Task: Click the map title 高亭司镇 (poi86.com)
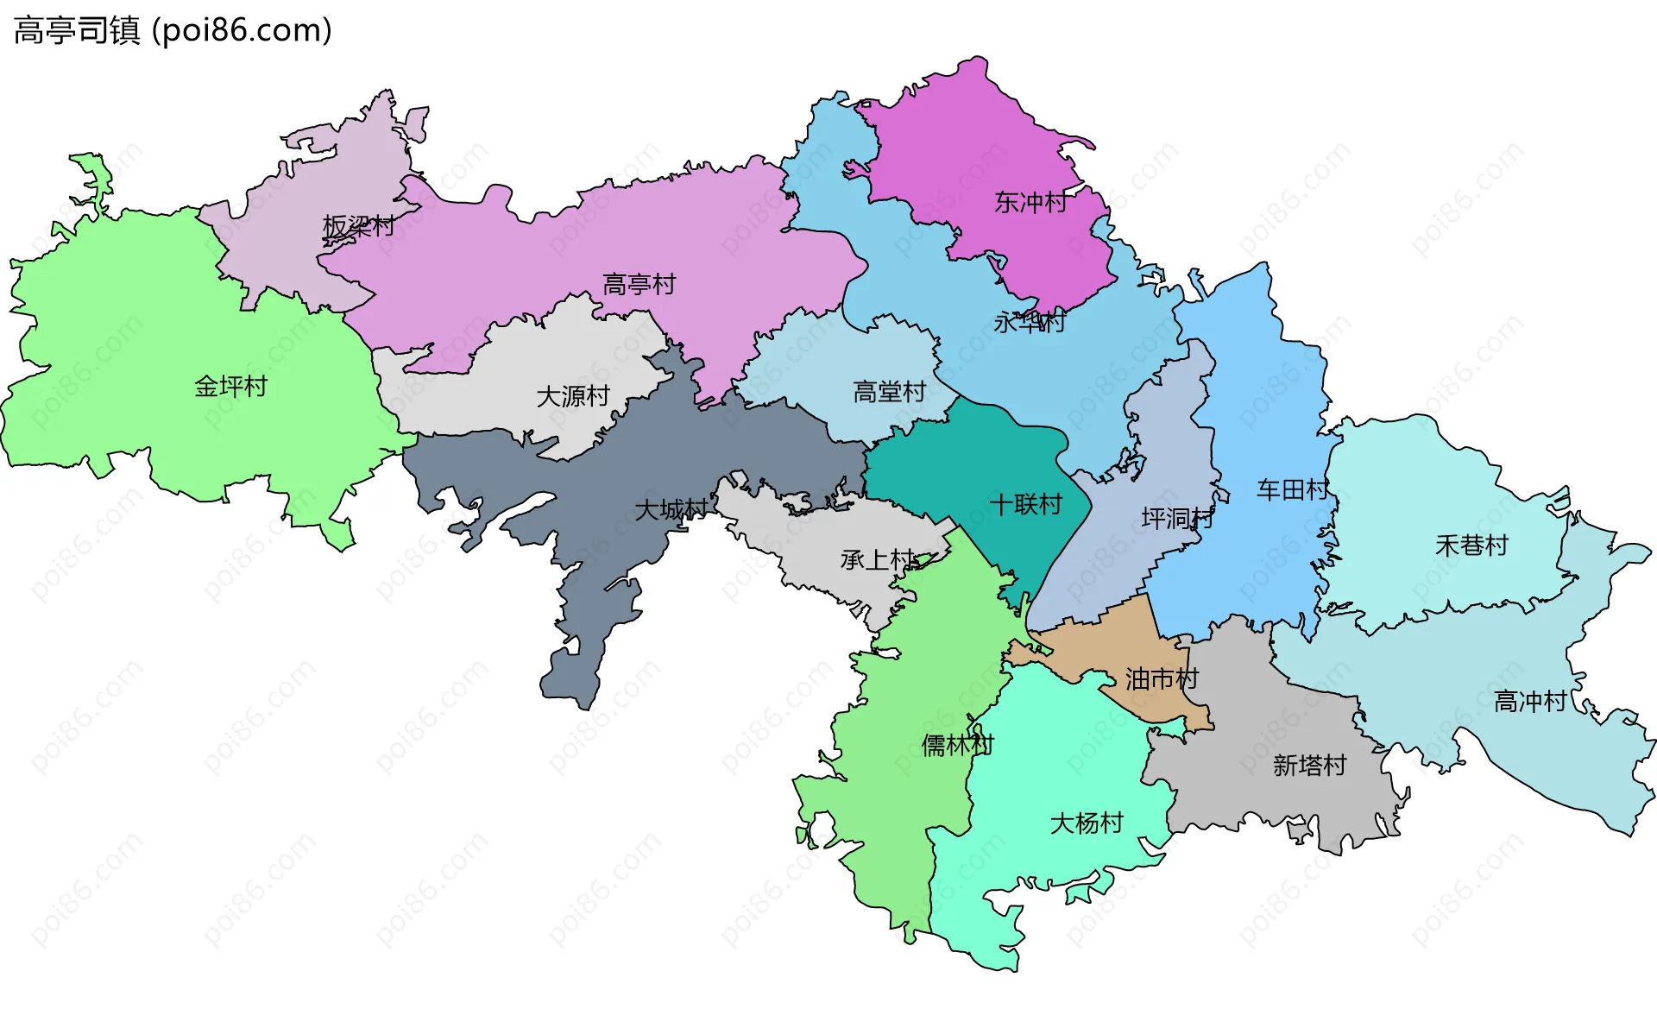point(173,31)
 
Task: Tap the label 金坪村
point(230,387)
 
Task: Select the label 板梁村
point(358,226)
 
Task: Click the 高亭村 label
point(639,284)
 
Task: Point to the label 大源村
point(573,396)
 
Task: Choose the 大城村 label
point(671,509)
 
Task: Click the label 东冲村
point(1030,202)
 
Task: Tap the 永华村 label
point(1030,323)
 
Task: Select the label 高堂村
point(889,392)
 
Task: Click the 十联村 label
point(1025,504)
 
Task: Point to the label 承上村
point(878,560)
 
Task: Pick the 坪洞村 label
point(1177,518)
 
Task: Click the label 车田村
point(1292,490)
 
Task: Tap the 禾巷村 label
point(1471,546)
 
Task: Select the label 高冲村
point(1530,701)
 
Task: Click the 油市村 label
point(1162,679)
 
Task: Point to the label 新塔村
point(1309,766)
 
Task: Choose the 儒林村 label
point(957,745)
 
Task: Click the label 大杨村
point(1087,823)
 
